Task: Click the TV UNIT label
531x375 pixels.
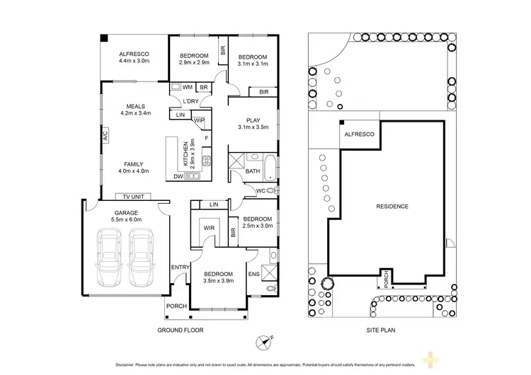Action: tap(133, 197)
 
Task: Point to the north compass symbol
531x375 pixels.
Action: tap(263, 342)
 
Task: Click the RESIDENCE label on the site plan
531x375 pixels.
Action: tap(392, 206)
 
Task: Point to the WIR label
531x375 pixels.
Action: tap(209, 229)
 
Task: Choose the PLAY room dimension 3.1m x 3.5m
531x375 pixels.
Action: tap(253, 128)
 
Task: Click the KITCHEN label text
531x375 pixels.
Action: tap(186, 154)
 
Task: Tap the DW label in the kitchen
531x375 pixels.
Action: tap(179, 178)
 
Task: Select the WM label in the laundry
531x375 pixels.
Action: tap(188, 87)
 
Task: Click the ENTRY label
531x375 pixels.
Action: tap(179, 267)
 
